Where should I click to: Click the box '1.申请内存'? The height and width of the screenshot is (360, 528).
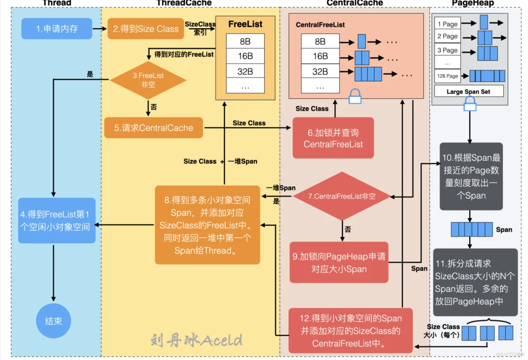tap(57, 29)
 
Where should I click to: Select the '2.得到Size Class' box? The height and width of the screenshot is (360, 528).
tap(145, 29)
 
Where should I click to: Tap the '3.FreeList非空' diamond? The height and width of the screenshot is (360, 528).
tap(148, 80)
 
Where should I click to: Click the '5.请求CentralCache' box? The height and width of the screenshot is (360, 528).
tap(153, 128)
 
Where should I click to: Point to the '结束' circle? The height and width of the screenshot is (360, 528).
tap(54, 321)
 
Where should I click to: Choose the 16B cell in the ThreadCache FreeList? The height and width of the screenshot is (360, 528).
tap(245, 56)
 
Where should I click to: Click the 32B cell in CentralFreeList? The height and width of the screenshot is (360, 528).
tap(320, 71)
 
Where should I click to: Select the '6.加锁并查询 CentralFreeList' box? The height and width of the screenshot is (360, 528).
tap(333, 138)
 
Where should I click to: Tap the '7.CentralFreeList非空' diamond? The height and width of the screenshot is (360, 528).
tap(342, 196)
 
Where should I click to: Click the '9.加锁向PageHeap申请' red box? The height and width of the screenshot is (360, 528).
tap(339, 262)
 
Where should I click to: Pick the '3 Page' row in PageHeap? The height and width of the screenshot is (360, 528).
tap(447, 50)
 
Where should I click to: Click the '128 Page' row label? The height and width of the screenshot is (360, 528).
tap(447, 76)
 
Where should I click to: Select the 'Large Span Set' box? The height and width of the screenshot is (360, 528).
tap(468, 92)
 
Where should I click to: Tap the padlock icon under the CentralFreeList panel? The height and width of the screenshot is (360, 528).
tap(355, 96)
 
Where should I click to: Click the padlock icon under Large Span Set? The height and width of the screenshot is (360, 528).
tap(470, 104)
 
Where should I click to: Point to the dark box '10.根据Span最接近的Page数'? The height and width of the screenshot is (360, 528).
tap(471, 176)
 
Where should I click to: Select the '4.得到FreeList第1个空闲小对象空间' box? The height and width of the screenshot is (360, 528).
tap(57, 221)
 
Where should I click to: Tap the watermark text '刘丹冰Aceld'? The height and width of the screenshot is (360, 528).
tap(197, 340)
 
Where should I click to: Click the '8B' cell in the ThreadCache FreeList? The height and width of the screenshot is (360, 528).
tap(245, 41)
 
